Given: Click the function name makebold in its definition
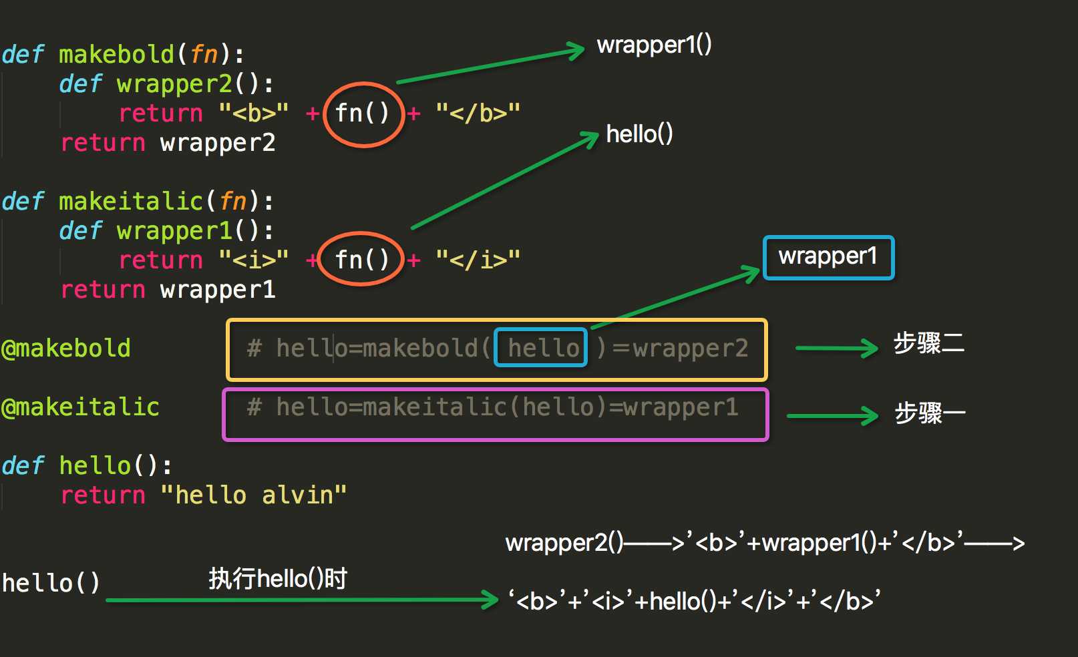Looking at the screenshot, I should click(x=116, y=54).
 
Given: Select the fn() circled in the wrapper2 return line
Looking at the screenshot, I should click(x=362, y=113).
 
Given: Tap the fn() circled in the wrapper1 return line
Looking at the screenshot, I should click(x=362, y=259).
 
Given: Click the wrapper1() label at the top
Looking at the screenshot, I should click(x=654, y=45).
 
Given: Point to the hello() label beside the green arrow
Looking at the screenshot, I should click(x=639, y=134).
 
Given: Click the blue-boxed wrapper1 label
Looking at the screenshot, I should click(x=828, y=257).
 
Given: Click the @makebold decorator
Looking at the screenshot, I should click(x=66, y=348).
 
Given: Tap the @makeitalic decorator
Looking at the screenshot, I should click(x=80, y=407).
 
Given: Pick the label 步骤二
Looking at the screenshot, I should click(x=928, y=343).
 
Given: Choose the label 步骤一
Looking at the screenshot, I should click(x=930, y=413).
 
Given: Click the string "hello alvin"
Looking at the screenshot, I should click(x=254, y=495).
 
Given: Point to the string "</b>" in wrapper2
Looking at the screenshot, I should click(x=478, y=113).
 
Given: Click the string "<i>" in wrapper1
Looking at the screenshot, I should click(x=254, y=259).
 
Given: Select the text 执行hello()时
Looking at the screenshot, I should click(x=278, y=578).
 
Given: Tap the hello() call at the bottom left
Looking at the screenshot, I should click(x=51, y=583).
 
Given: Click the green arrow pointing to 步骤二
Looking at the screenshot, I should click(x=836, y=348).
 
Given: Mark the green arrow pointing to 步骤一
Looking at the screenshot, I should click(x=832, y=416).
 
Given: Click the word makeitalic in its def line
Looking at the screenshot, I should click(x=131, y=201).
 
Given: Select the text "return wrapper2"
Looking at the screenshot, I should click(x=168, y=143).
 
